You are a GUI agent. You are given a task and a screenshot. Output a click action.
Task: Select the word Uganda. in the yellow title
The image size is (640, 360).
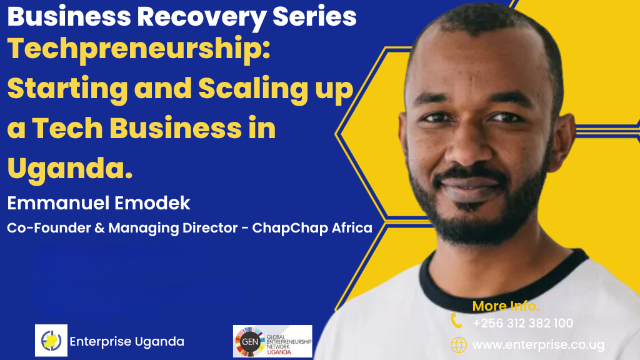coord(70,168)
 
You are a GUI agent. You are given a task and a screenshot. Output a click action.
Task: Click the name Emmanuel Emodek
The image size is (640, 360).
coord(99,203)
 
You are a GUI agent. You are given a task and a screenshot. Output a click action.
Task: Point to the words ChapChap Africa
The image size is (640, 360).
coord(312,227)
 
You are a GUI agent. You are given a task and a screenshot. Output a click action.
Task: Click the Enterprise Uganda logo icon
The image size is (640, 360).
coord(51,341)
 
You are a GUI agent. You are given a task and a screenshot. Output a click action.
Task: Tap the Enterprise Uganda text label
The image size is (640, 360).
coord(127,341)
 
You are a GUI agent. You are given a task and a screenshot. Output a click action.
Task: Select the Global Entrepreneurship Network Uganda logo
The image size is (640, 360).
coord(272,341)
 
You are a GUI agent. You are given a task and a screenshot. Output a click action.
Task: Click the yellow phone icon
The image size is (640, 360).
coord(456,321)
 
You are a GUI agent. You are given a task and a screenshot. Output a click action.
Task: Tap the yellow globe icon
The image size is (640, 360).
coord(458,345)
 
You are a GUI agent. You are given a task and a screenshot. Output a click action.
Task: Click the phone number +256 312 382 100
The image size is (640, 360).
coord(523,323)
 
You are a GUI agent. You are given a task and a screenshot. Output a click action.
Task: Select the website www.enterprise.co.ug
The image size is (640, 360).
coord(538,345)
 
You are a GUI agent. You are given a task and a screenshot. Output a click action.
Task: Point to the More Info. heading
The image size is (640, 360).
coord(506,306)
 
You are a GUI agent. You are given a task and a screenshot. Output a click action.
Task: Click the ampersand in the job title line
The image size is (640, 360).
coord(99,227)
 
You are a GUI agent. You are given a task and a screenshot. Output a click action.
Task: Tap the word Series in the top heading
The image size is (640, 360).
coord(314,17)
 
